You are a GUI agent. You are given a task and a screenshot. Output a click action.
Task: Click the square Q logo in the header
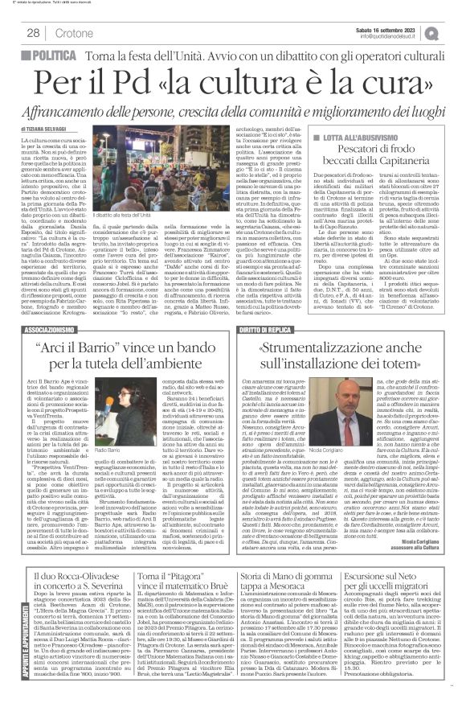pos(454,32)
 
